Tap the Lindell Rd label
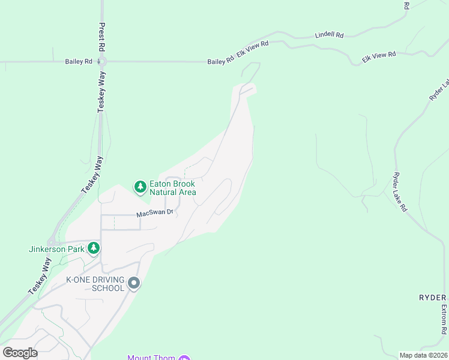pos(330,35)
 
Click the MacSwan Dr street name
pos(154,213)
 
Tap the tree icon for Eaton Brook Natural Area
pos(140,188)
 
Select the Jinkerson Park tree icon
pos(94,248)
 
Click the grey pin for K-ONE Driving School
pos(133,283)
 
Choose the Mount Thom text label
pos(151,358)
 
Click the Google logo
pos(20,353)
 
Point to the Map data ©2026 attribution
pos(423,355)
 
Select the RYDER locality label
pos(432,298)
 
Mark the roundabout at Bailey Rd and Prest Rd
pos(102,61)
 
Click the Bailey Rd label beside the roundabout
pos(79,61)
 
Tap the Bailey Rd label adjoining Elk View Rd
pos(220,61)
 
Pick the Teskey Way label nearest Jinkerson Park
pos(39,276)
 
